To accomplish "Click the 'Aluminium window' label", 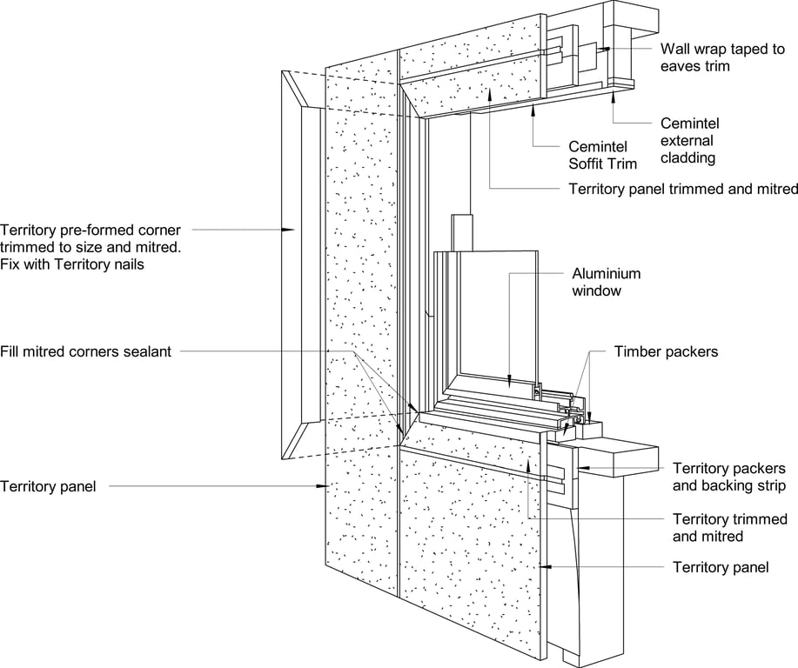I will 596,281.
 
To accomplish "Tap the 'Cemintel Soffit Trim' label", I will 602,155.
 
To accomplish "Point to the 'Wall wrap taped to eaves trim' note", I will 722,57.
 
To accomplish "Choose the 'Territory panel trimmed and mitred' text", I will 682,189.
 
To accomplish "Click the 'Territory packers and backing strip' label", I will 729,477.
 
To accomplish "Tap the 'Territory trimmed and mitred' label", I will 729,528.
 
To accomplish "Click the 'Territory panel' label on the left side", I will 49,486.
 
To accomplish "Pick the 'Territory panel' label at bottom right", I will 721,567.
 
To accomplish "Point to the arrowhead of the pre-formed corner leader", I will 291,230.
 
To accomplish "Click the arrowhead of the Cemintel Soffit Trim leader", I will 533,110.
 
